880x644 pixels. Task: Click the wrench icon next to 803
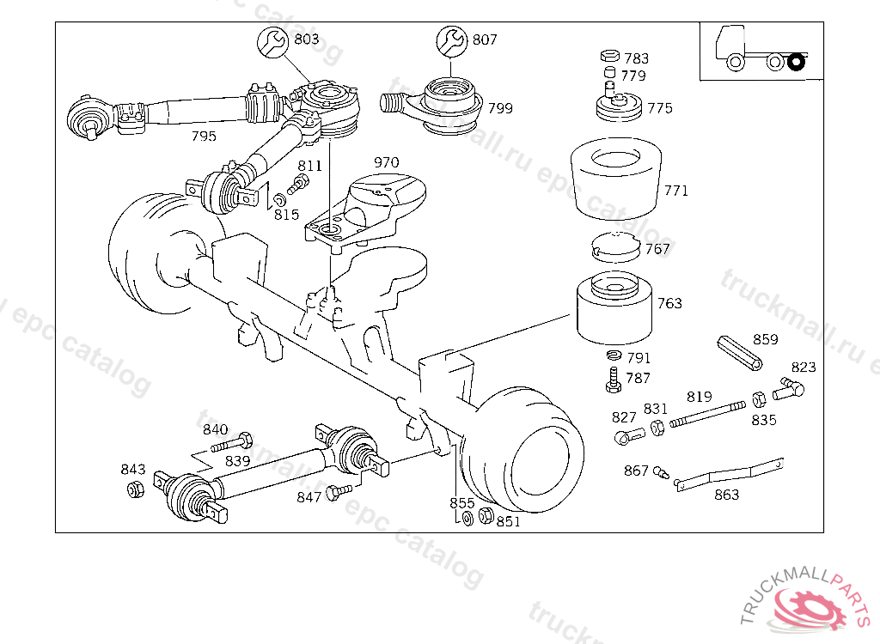(272, 42)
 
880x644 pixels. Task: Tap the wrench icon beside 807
(452, 40)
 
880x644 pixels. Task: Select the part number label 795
(204, 136)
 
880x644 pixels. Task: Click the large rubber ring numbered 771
(615, 179)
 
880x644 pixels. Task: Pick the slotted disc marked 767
(616, 246)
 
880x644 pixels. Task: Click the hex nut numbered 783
(609, 55)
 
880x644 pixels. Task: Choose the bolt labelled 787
(614, 380)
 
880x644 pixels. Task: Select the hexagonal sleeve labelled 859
(740, 353)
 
